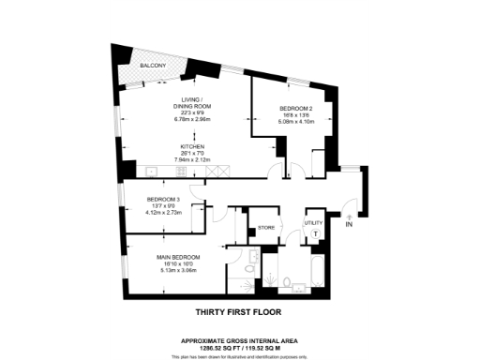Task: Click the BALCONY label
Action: (x=153, y=66)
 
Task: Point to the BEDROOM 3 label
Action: (x=163, y=200)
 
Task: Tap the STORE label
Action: (x=265, y=228)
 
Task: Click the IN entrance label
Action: (x=349, y=226)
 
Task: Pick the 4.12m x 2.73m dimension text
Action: (x=163, y=211)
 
